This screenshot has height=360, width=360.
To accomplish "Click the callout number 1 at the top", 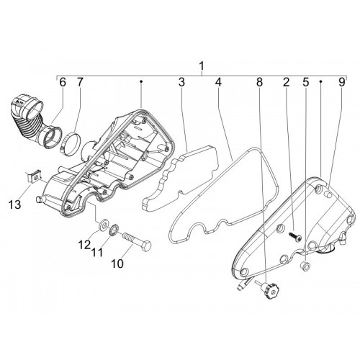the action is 202,66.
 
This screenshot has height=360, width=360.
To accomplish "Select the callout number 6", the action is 62,82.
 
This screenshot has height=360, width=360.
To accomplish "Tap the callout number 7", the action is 80,82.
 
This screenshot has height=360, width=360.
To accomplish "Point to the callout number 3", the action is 181,82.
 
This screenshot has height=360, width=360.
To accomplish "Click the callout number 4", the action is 218,82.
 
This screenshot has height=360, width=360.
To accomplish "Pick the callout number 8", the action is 259,82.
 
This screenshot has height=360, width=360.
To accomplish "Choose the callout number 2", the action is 286,82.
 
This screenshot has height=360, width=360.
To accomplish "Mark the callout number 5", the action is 305,82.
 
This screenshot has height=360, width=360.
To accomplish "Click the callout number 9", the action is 342,82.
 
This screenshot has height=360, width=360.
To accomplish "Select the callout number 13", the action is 14,205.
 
